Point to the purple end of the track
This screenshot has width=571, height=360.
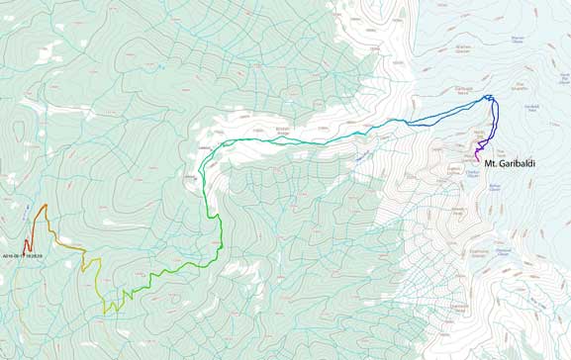(x=477, y=160)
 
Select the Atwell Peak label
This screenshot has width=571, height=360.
(x=458, y=211)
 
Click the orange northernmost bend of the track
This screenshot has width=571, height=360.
(x=45, y=206)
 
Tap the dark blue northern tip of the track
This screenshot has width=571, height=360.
(x=489, y=96)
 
